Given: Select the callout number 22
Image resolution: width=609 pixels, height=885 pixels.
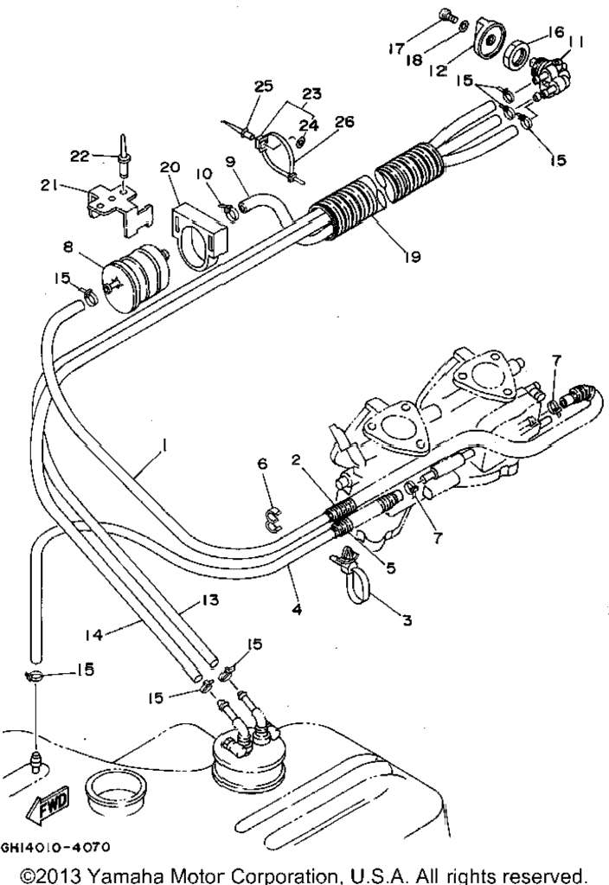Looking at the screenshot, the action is (x=80, y=156).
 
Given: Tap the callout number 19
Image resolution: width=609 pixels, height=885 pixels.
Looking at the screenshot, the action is (x=413, y=257).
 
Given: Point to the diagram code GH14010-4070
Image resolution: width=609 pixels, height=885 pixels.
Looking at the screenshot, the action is (x=55, y=847).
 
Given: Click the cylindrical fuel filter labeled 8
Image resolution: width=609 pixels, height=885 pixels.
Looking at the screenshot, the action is (x=136, y=277).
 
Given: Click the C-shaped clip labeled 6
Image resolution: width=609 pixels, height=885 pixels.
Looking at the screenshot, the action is (x=273, y=518).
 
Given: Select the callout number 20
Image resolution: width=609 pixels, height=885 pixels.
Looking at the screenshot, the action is (x=170, y=168).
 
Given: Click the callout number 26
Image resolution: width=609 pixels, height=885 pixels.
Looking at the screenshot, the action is (x=344, y=121).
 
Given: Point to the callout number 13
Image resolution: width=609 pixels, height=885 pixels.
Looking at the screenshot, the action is (x=210, y=600).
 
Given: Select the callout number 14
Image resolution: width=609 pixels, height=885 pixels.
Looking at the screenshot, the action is (x=93, y=635).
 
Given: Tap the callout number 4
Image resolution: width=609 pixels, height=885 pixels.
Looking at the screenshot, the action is (x=298, y=610).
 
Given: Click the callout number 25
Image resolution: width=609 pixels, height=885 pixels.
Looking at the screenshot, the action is (x=264, y=86).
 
